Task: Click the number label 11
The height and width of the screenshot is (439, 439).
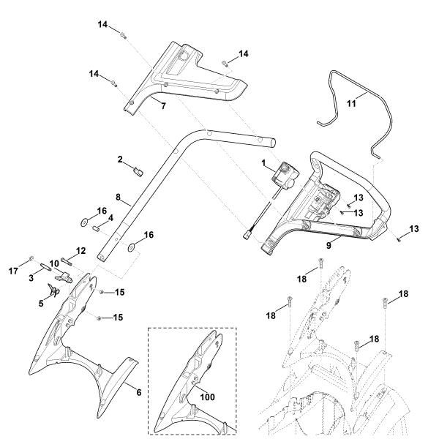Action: coord(351,104)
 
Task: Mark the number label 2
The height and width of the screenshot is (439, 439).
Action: coord(120,159)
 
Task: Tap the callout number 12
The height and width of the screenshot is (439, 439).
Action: coord(81,251)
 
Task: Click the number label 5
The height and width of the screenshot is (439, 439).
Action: coord(42,302)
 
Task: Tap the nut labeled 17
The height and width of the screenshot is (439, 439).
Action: coord(32,259)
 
